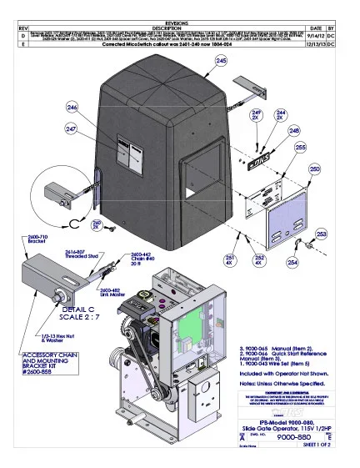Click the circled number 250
point(314,169)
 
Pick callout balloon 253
point(321,234)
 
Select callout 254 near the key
point(292,262)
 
